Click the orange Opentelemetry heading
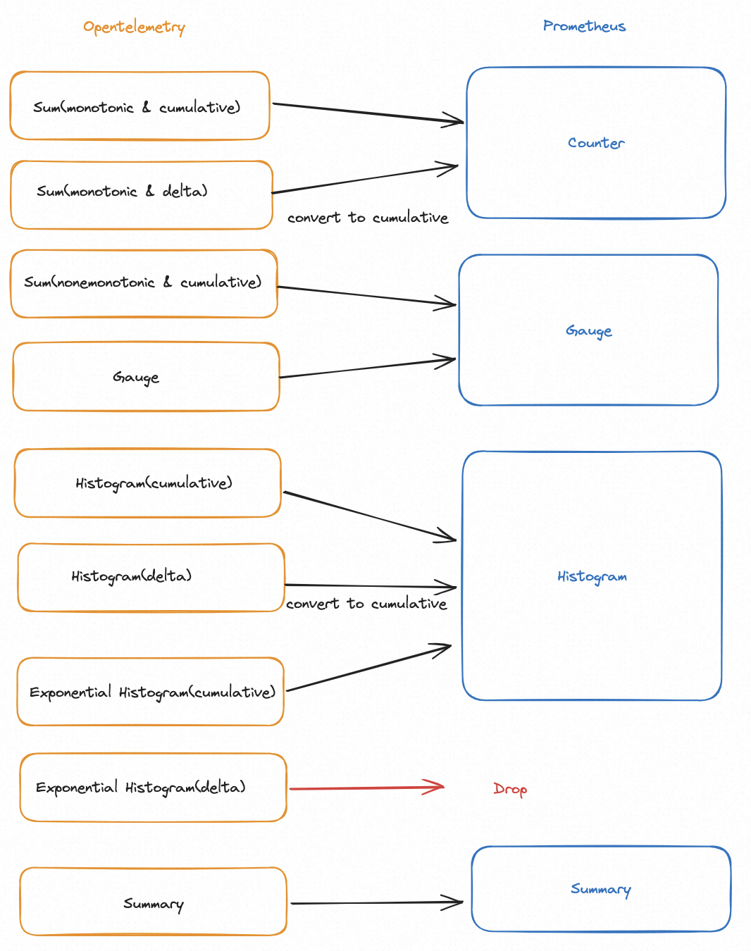134,27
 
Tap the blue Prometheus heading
584,27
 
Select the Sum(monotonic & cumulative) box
139,106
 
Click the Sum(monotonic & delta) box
141,194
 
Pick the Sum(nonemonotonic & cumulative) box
144,283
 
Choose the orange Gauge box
146,377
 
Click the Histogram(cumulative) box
147,483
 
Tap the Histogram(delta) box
151,577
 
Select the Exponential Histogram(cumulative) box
151,692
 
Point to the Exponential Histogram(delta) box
153,788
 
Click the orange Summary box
153,902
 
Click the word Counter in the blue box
596,143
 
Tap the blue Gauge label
588,330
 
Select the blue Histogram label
592,576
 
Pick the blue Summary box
600,889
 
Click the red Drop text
510,789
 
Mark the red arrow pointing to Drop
366,788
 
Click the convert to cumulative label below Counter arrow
368,218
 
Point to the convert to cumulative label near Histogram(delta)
366,604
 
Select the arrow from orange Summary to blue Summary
377,902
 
